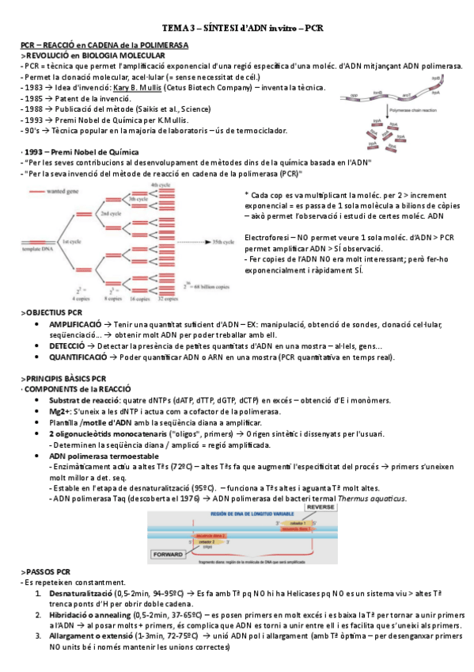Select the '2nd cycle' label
point(109,214)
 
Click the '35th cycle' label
point(226,238)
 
